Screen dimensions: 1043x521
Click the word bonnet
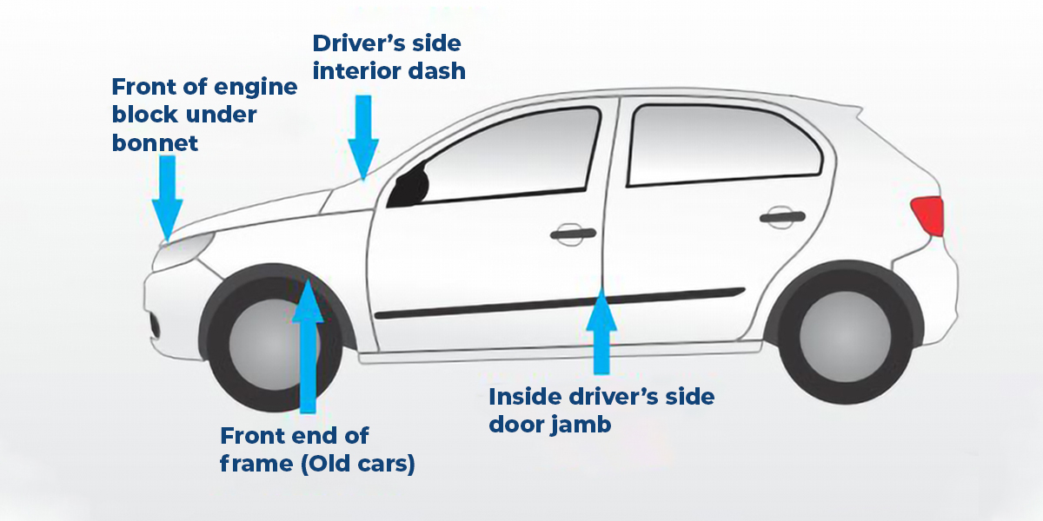click(156, 142)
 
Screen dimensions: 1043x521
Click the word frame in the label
click(256, 464)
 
